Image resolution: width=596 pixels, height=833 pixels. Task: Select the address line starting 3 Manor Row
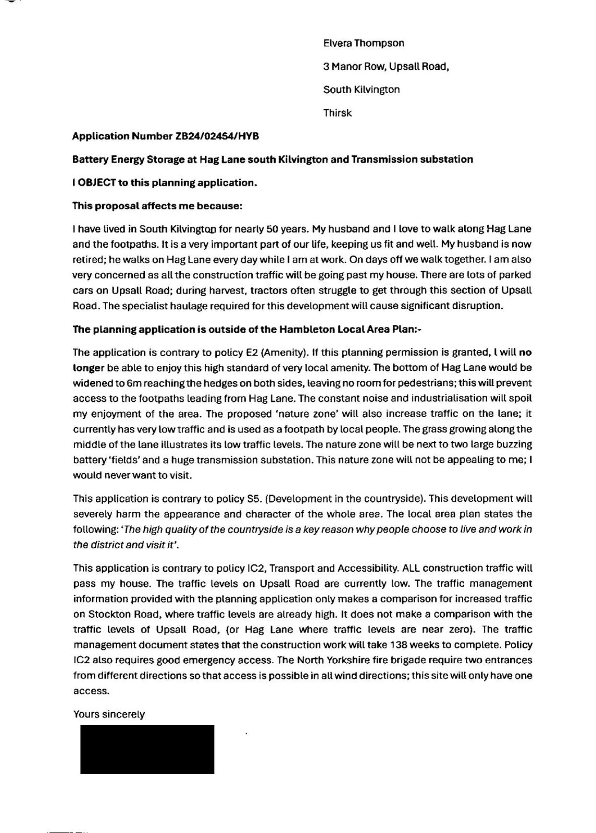[386, 67]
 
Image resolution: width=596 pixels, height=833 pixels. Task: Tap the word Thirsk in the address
[337, 113]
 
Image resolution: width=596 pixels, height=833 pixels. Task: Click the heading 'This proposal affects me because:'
[157, 206]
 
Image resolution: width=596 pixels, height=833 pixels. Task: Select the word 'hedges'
[235, 383]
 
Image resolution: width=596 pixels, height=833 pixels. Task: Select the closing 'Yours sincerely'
[108, 715]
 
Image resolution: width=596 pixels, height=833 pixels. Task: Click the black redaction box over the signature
[147, 750]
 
